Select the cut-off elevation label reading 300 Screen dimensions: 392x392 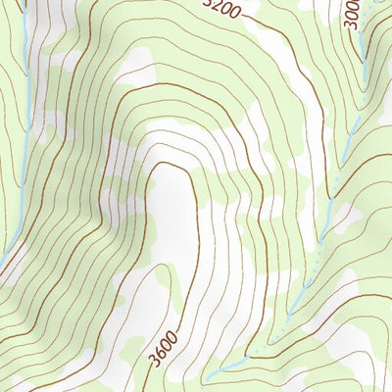pos(354,15)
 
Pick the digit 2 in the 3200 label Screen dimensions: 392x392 pos(216,7)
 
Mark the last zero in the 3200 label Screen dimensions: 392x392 pos(235,14)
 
